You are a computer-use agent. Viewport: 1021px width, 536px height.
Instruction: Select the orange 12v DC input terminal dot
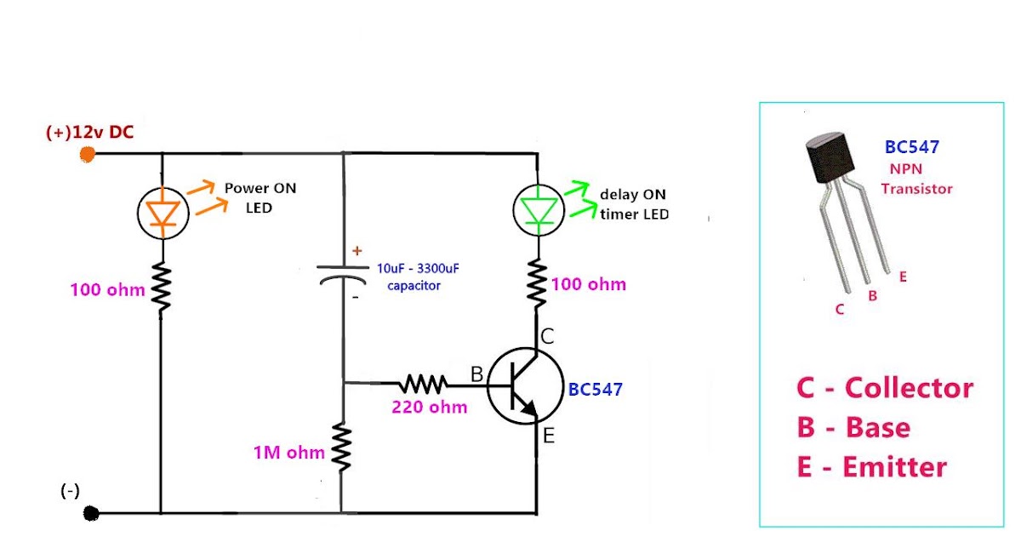click(87, 154)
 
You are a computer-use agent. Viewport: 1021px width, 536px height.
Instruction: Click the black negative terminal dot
click(92, 513)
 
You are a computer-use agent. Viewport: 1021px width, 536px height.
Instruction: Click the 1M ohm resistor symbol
click(342, 448)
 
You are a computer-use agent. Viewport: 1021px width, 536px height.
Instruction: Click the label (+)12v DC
click(89, 132)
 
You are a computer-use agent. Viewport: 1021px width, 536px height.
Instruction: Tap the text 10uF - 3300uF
click(418, 268)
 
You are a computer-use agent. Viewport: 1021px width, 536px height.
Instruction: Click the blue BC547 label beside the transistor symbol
click(596, 390)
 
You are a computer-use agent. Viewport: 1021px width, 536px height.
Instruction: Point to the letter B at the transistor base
click(477, 374)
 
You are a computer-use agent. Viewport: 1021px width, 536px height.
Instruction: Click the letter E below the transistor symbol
click(549, 436)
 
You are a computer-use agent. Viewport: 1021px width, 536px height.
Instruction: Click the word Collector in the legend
click(908, 388)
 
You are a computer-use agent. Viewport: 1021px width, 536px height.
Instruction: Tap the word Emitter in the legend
click(894, 467)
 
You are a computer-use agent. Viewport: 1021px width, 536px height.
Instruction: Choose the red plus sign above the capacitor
click(356, 251)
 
